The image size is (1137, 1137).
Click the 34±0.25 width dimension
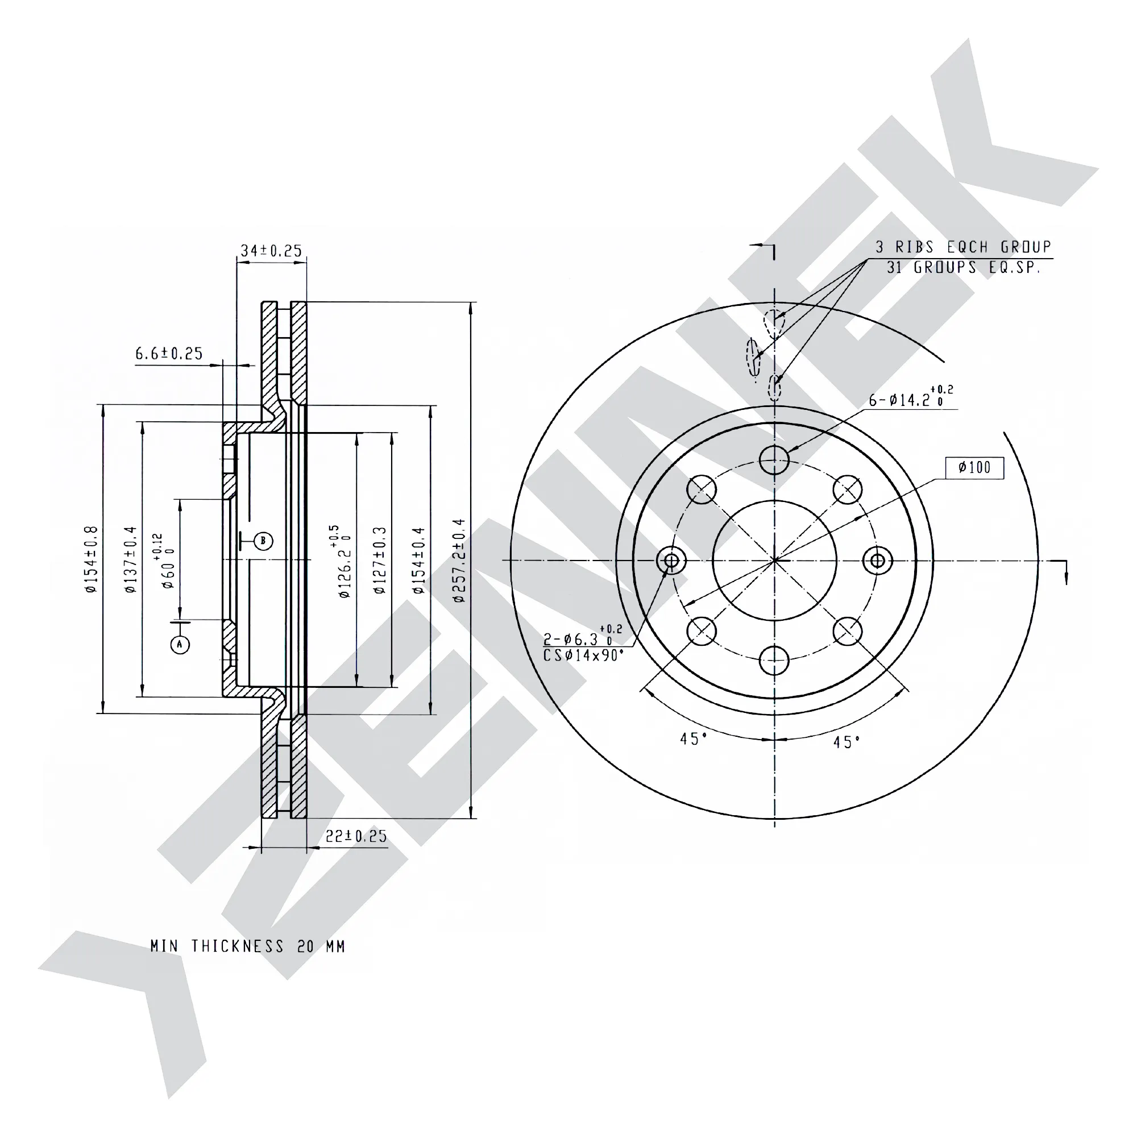pos(271,251)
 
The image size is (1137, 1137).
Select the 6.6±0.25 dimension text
pos(169,353)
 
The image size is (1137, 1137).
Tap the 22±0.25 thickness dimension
pos(356,836)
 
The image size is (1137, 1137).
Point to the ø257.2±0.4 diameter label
pos(459,561)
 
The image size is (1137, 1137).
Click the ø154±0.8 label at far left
pos(91,559)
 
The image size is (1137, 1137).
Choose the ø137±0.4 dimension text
pos(130,559)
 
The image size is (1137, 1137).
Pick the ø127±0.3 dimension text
pos(380,561)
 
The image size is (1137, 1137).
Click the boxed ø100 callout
pos(974,467)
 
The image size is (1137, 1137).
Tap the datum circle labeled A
pos(180,645)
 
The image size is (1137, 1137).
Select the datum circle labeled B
pos(263,541)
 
